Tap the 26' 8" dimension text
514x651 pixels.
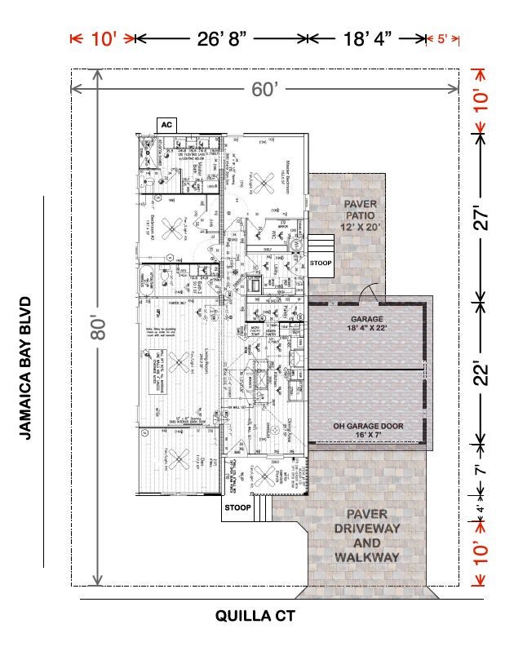(220, 39)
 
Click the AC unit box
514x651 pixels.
(166, 125)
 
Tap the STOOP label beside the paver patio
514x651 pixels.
(321, 262)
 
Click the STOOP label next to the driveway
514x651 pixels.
(237, 507)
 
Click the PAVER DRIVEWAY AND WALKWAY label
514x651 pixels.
(367, 536)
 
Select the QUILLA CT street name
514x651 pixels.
(255, 617)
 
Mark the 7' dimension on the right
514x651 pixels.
(482, 469)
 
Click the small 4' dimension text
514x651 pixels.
(481, 509)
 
